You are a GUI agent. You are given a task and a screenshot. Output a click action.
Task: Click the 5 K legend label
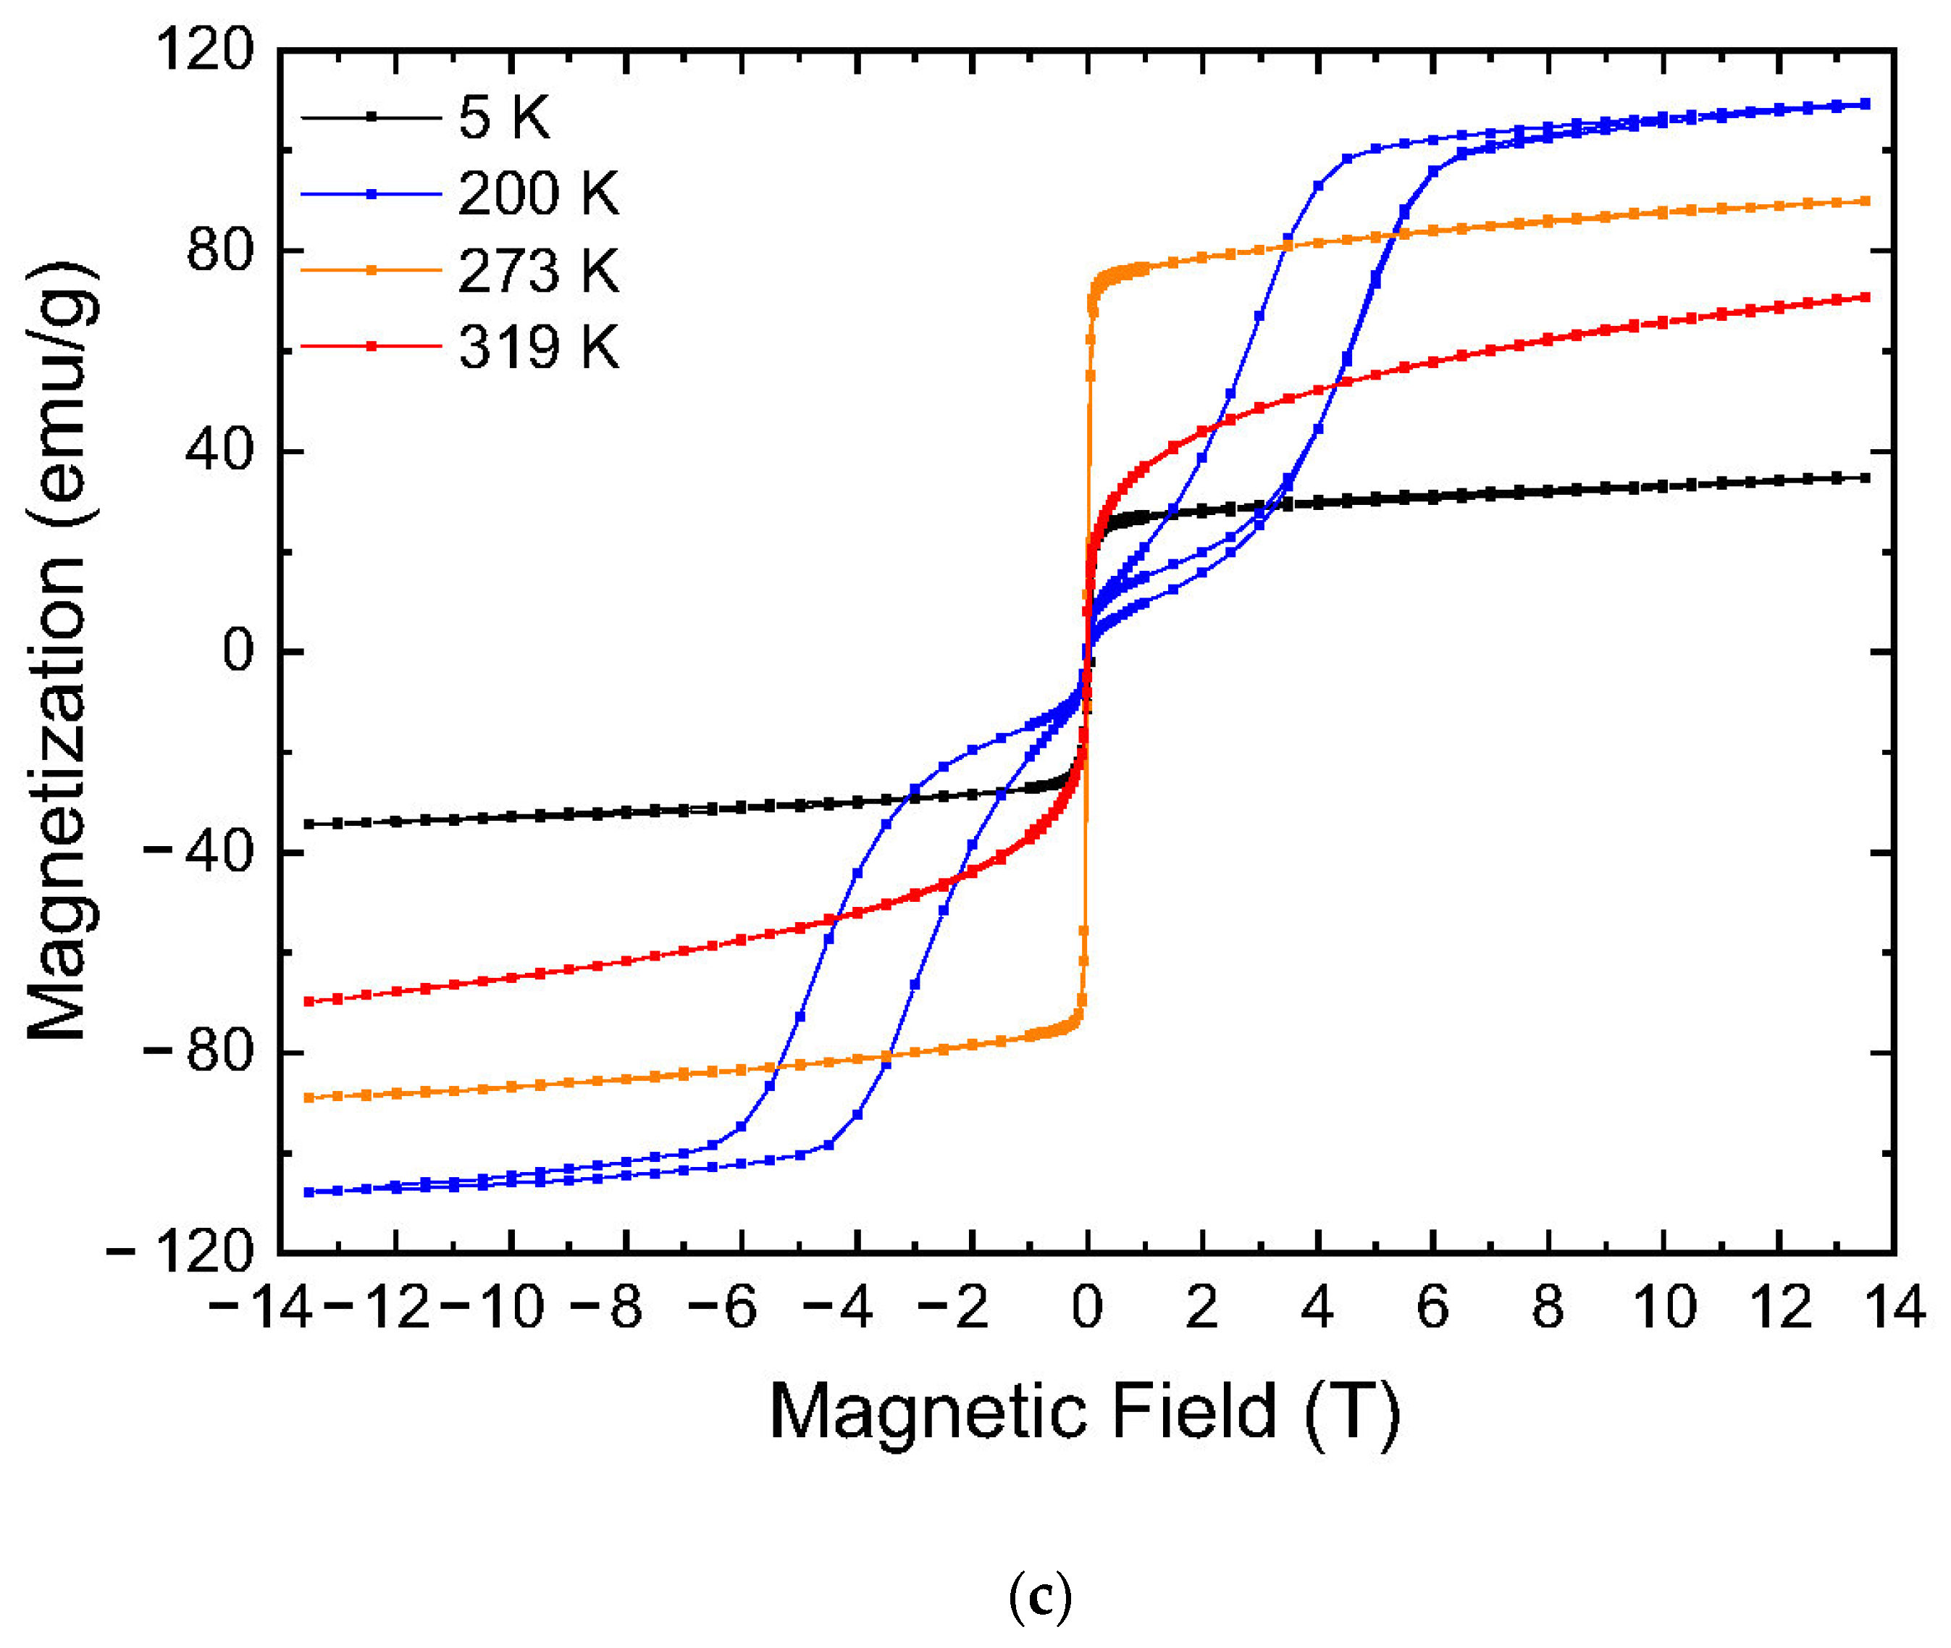503,119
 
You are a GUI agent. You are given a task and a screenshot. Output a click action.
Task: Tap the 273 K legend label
538,272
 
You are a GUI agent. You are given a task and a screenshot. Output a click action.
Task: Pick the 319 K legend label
538,348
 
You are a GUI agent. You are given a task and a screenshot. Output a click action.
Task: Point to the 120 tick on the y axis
204,49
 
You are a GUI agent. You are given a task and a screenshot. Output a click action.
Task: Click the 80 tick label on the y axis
219,251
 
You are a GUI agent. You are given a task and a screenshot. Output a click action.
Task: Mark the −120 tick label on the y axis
180,1252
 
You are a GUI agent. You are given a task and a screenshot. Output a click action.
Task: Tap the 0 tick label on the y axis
238,651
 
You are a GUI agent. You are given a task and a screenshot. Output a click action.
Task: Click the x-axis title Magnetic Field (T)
1086,1412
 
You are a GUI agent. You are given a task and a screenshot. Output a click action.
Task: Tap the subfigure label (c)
1041,1600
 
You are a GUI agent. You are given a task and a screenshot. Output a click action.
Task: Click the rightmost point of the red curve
1865,297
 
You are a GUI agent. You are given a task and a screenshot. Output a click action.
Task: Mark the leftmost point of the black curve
309,824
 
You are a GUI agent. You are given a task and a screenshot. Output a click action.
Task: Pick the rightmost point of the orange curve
1865,201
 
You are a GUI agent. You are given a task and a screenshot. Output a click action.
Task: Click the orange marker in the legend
371,271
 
